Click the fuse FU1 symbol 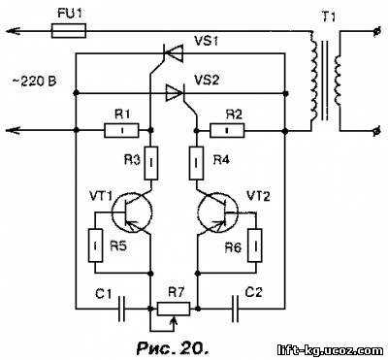point(69,31)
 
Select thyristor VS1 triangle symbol point(173,53)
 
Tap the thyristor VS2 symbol point(175,93)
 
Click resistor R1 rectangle point(122,130)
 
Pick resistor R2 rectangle point(227,130)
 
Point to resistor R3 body point(151,163)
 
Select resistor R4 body point(196,163)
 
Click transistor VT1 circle point(131,213)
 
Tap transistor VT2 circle point(217,213)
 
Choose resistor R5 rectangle point(95,245)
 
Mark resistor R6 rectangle point(255,245)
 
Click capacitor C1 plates point(122,309)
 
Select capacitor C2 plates point(236,309)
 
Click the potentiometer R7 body point(174,309)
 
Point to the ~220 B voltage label point(34,81)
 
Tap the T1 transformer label point(329,17)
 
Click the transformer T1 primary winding point(314,76)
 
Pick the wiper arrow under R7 point(174,323)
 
